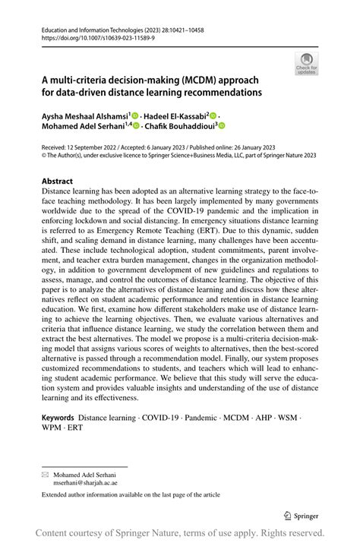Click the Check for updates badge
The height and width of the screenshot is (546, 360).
click(306, 63)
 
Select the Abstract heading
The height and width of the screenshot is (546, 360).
click(57, 181)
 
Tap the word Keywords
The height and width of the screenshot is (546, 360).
click(58, 418)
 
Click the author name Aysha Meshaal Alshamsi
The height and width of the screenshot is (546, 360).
click(84, 115)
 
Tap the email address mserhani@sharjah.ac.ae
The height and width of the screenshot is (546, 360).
click(85, 481)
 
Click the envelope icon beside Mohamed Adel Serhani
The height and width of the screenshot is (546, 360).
click(45, 472)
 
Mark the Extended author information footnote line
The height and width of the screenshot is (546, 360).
click(131, 495)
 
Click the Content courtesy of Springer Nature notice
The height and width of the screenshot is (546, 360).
click(180, 533)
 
